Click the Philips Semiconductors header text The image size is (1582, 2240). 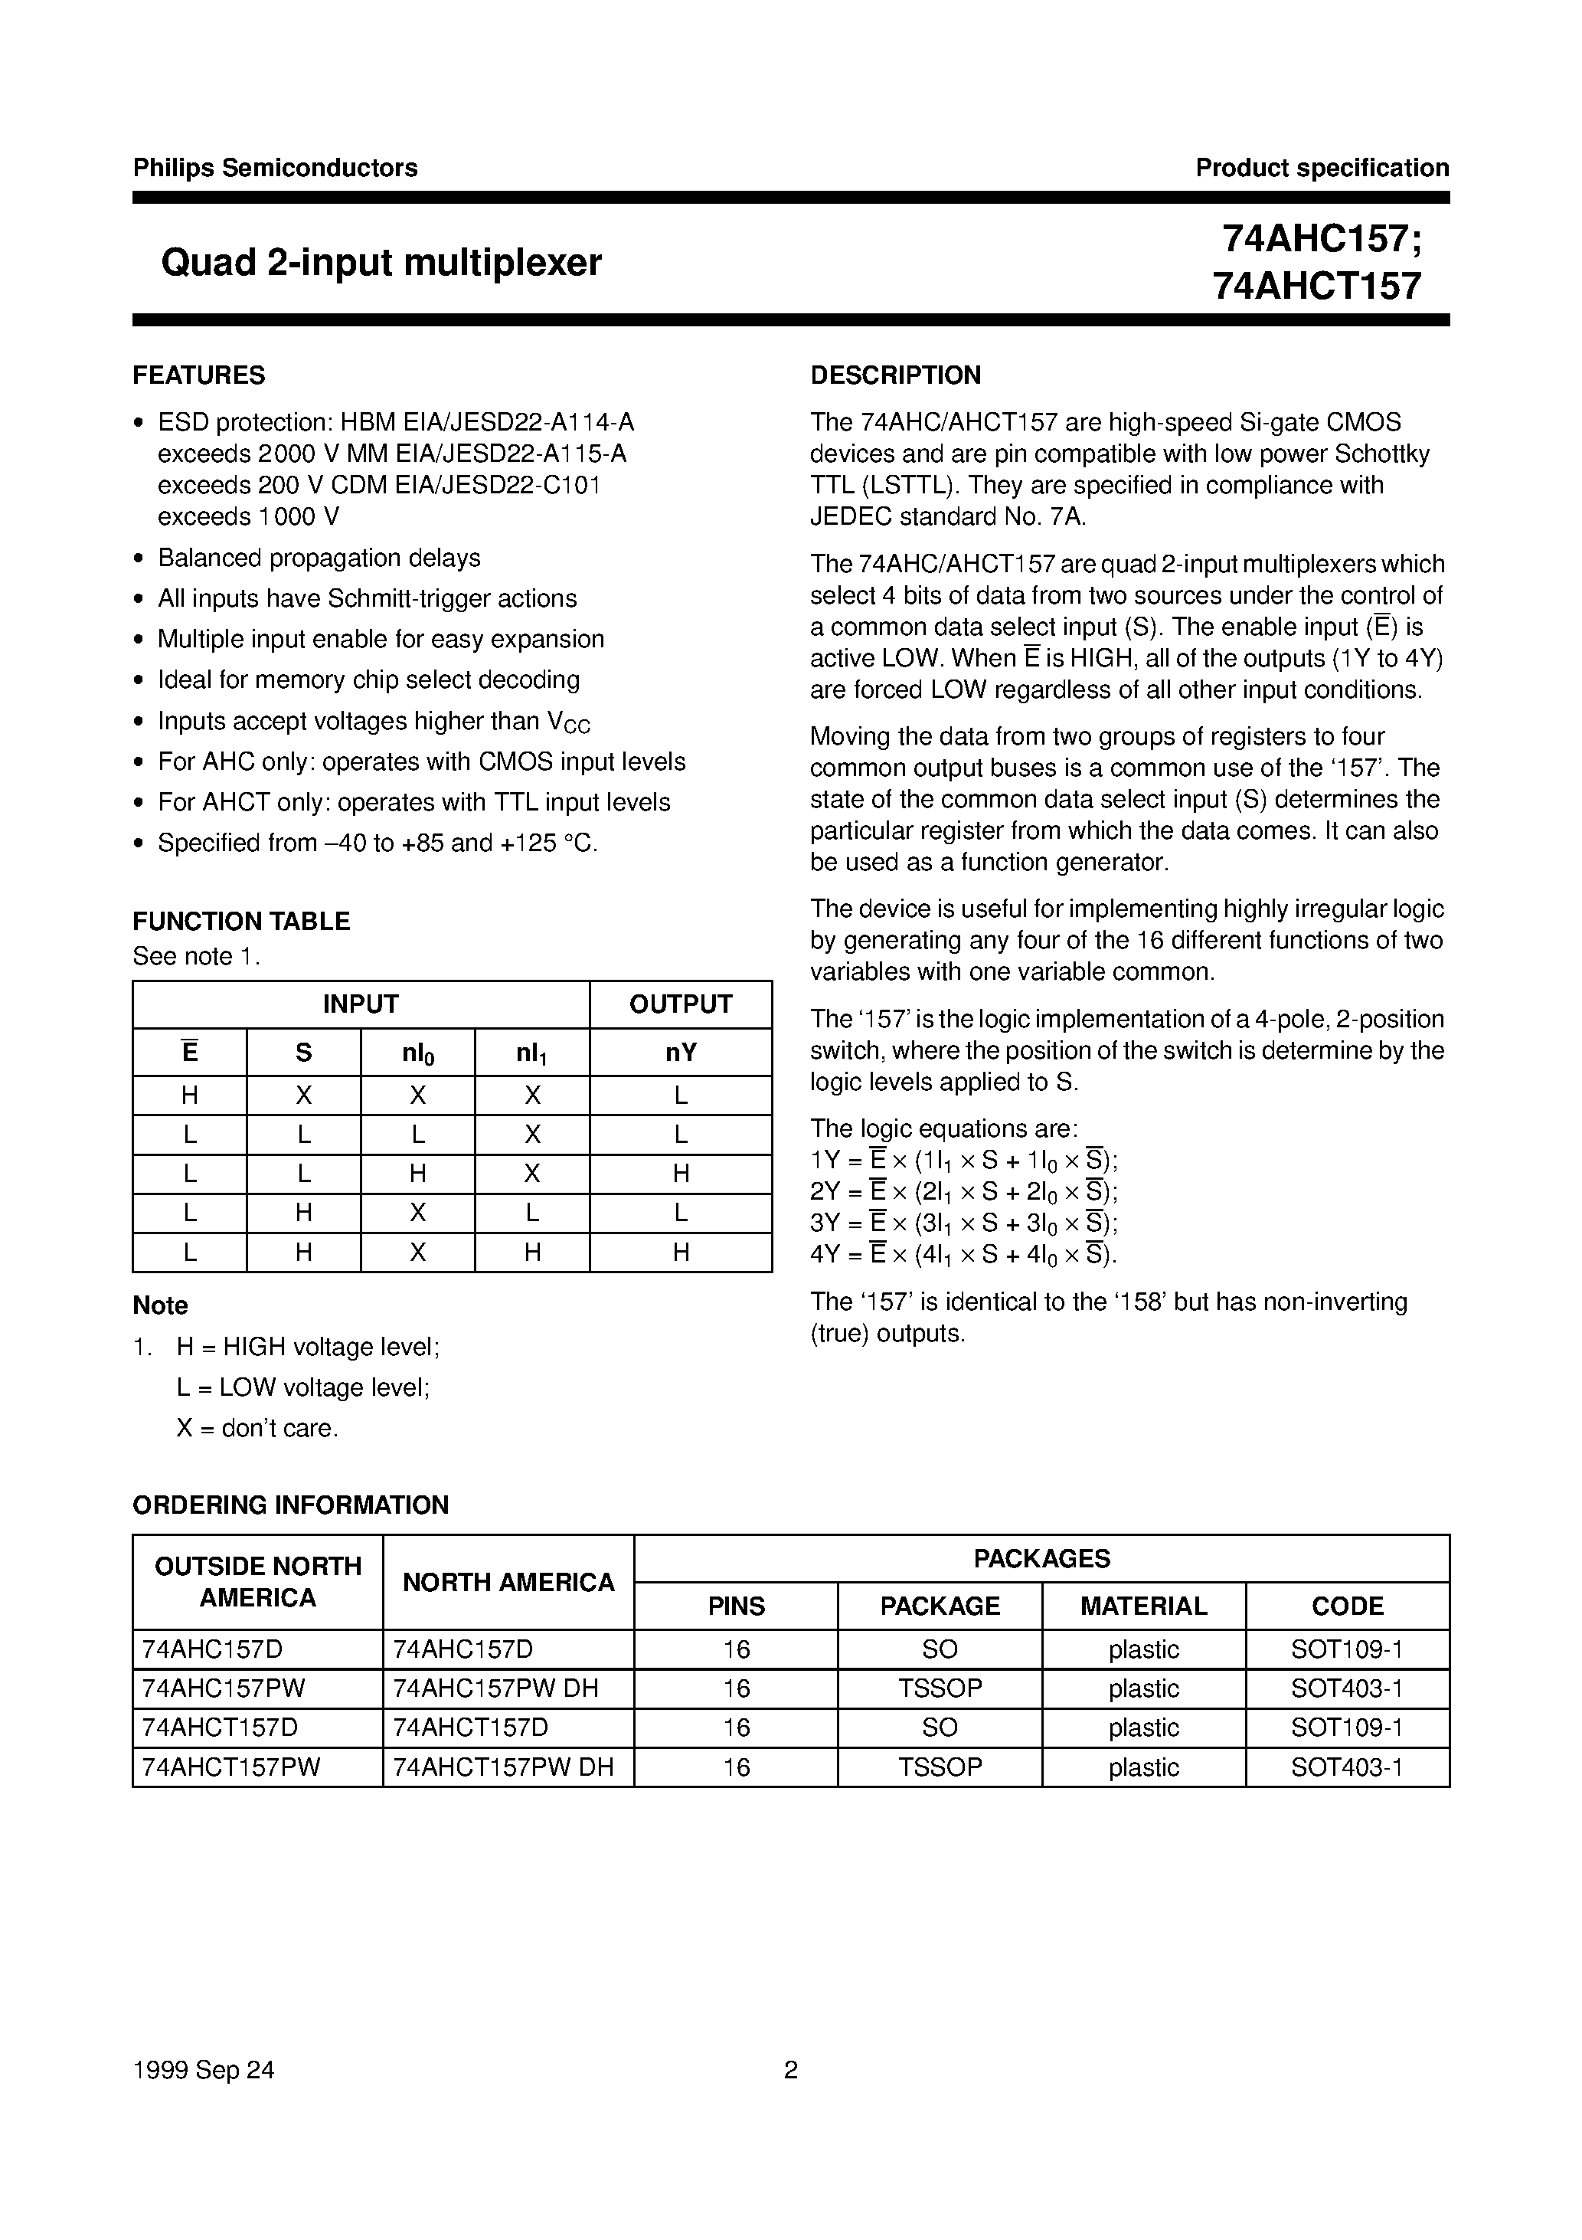tap(275, 168)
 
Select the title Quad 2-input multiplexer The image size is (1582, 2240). tap(381, 263)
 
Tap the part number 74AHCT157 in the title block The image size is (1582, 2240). tap(1317, 286)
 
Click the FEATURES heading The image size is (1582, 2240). tap(199, 375)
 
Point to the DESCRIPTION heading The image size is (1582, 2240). tap(895, 375)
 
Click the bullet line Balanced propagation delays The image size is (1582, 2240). tap(319, 558)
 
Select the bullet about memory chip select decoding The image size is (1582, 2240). tap(368, 680)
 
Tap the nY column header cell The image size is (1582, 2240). tap(680, 1053)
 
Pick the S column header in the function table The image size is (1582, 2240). tap(303, 1053)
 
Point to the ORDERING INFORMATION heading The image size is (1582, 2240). tap(291, 1505)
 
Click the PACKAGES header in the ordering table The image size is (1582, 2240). tap(1041, 1558)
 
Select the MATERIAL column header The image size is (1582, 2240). tap(1143, 1606)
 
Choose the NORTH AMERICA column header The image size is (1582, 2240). tap(508, 1583)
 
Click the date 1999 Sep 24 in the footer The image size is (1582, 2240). tap(204, 2070)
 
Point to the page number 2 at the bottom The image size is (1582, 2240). tap(791, 2070)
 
